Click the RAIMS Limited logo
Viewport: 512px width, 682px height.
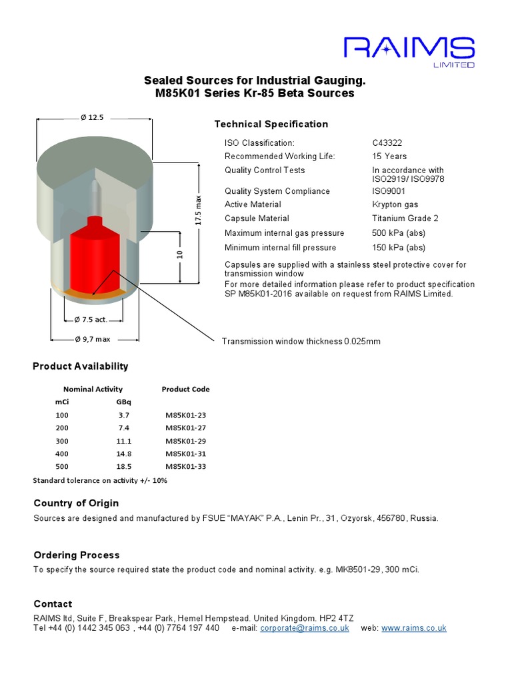pyautogui.click(x=409, y=51)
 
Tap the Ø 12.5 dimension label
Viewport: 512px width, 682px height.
pyautogui.click(x=92, y=117)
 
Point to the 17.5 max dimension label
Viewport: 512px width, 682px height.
pyautogui.click(x=198, y=210)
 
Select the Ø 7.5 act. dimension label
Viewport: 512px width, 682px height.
pyautogui.click(x=91, y=318)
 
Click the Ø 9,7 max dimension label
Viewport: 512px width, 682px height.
pyautogui.click(x=93, y=339)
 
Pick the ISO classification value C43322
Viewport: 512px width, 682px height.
pyautogui.click(x=387, y=143)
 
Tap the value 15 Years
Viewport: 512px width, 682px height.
pyautogui.click(x=389, y=157)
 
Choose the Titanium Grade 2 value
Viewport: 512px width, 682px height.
pyautogui.click(x=405, y=218)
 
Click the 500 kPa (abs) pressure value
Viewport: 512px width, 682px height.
pyautogui.click(x=398, y=233)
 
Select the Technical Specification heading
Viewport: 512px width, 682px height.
pyautogui.click(x=271, y=125)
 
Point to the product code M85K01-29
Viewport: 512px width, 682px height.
pyautogui.click(x=185, y=441)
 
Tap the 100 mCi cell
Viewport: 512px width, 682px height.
pyautogui.click(x=62, y=415)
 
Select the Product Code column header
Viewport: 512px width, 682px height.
pyautogui.click(x=185, y=389)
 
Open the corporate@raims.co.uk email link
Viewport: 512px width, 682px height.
pyautogui.click(x=304, y=628)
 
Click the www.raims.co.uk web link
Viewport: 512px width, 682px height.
pyautogui.click(x=413, y=628)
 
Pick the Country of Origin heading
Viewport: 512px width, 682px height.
pyautogui.click(x=76, y=504)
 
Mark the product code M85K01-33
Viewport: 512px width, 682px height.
pyautogui.click(x=185, y=466)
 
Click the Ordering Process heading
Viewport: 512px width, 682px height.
pyautogui.click(x=77, y=555)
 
